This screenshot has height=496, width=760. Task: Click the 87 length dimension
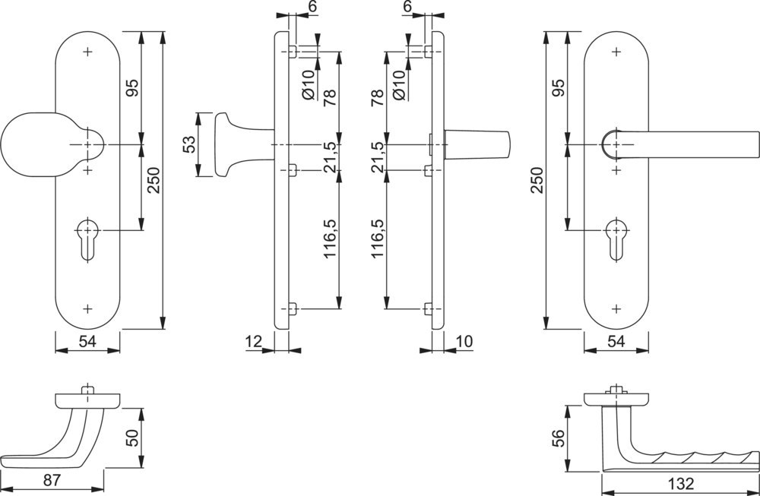51,480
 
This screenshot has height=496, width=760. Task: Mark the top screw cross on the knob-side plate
89,52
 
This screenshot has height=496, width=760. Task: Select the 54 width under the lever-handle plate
616,342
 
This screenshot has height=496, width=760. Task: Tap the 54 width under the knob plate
89,342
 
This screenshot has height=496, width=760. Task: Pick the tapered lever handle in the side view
479,144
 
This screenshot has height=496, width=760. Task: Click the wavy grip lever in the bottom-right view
684,456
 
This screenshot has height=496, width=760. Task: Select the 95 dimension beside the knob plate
131,89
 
